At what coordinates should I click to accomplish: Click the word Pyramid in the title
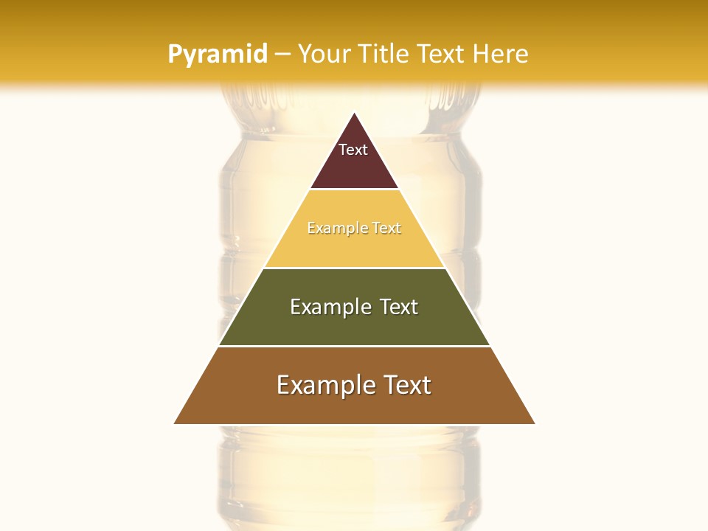(218, 55)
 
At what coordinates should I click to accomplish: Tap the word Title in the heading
(386, 55)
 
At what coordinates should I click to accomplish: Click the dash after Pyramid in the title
(282, 55)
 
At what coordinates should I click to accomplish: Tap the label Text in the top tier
(353, 150)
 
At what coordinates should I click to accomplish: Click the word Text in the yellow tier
(387, 229)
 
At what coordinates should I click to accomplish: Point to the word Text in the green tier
(400, 307)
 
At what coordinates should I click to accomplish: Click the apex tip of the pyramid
(355, 114)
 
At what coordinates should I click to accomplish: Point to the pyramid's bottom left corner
(176, 423)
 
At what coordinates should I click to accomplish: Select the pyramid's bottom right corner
(534, 423)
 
